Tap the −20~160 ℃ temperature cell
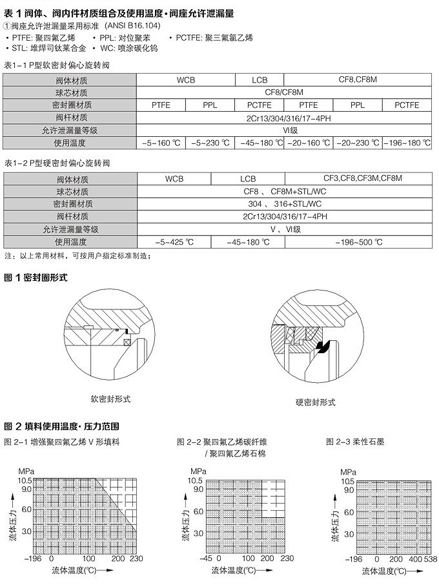coord(309,142)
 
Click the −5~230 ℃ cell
coord(210,142)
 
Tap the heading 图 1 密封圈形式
coord(36,278)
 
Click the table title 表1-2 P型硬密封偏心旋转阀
coord(57,164)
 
